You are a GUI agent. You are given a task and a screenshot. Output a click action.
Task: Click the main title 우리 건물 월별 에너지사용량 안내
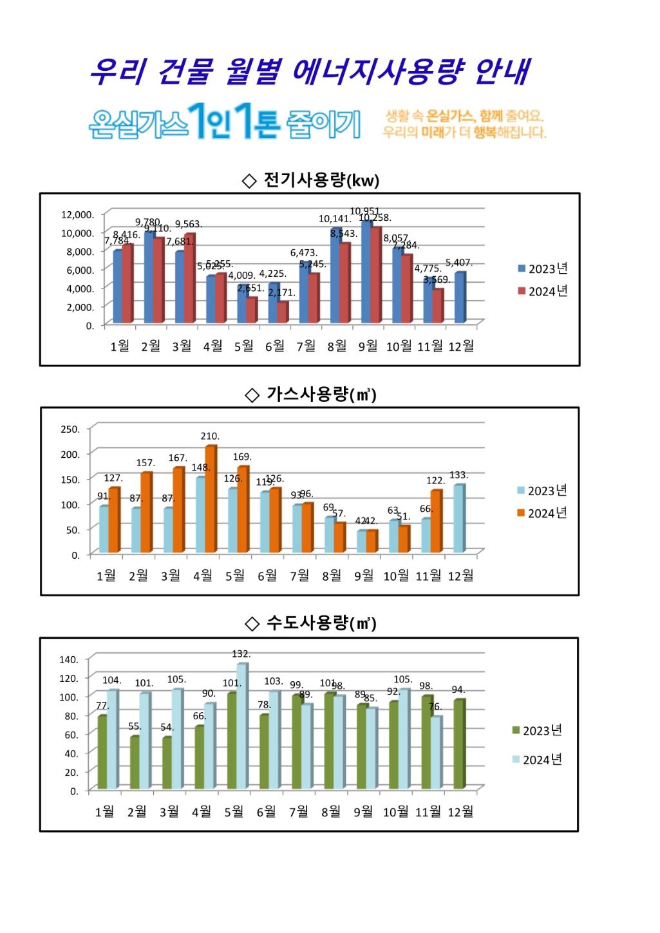(x=309, y=71)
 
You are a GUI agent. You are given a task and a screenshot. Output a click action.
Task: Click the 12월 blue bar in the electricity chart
(x=460, y=297)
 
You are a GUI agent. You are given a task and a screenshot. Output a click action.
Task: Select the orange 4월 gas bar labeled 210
(x=211, y=499)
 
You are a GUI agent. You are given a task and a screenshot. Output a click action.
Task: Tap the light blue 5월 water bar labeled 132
(x=241, y=726)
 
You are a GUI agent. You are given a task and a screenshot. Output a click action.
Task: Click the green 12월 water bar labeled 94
(x=458, y=744)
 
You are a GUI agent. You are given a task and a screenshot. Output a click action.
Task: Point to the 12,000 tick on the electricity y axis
(x=78, y=214)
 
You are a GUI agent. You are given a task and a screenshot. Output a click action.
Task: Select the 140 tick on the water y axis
(x=69, y=659)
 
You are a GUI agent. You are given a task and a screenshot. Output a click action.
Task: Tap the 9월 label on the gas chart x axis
(x=364, y=576)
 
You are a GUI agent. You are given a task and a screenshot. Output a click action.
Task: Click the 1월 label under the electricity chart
(x=120, y=346)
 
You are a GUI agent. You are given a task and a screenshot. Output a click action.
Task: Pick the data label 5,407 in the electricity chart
(x=459, y=263)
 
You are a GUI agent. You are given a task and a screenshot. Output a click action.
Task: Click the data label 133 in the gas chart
(x=458, y=475)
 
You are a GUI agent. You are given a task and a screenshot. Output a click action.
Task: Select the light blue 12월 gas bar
(x=458, y=519)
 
